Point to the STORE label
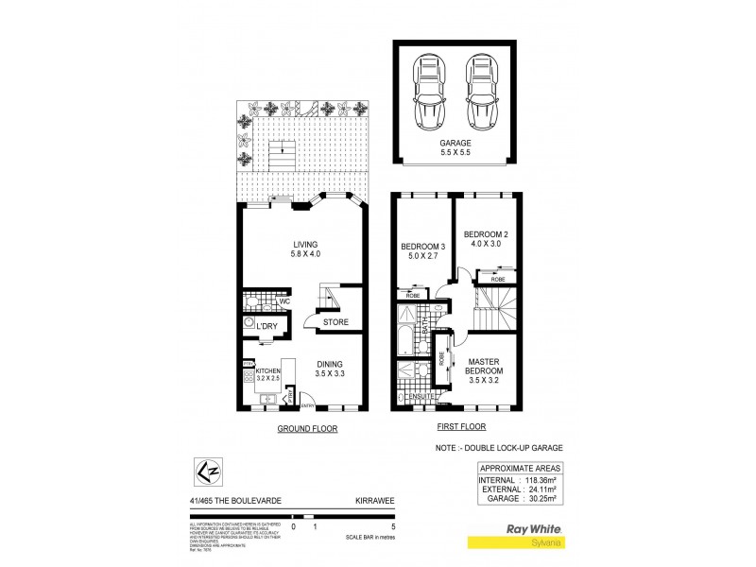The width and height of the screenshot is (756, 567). [x=335, y=322]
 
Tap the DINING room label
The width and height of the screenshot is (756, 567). [x=331, y=365]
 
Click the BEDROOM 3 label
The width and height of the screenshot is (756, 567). [x=422, y=248]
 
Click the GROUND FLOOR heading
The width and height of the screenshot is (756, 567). [x=306, y=428]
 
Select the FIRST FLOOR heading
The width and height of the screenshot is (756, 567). [x=449, y=428]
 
